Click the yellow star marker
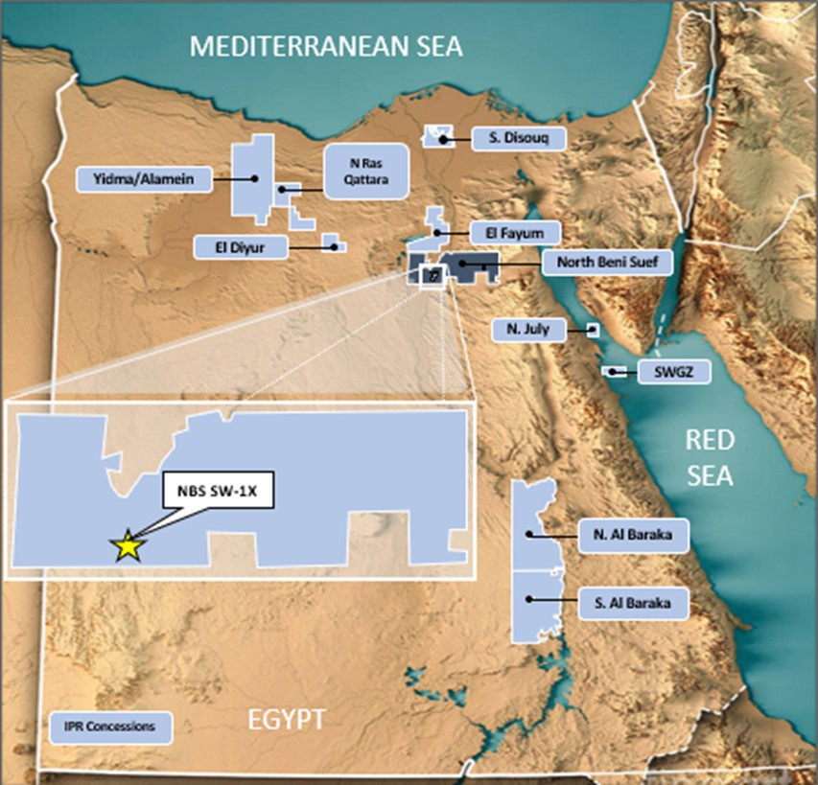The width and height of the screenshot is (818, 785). (127, 545)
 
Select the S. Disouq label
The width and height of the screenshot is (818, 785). (520, 139)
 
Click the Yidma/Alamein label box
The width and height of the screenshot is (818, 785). (143, 178)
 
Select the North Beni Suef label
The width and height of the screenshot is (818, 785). (599, 262)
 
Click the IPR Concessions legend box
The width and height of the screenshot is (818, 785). (110, 727)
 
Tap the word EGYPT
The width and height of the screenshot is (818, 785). (288, 719)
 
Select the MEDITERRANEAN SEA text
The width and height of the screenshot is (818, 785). (326, 45)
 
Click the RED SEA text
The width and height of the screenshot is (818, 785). (710, 457)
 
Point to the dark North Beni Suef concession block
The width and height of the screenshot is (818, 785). (470, 266)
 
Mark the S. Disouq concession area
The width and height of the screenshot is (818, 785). (437, 136)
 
